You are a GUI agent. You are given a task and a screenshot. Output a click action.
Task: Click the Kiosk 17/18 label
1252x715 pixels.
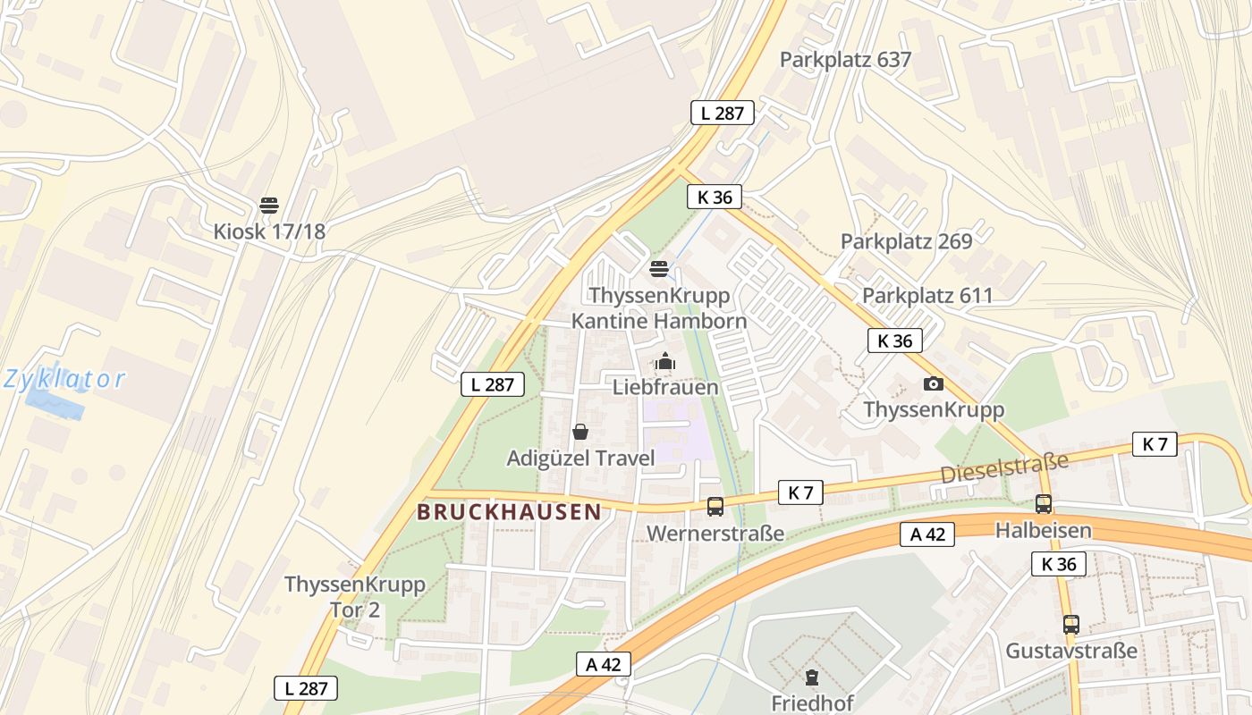pos(269,231)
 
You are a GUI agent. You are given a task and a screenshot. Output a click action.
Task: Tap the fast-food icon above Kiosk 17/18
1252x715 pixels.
pos(269,206)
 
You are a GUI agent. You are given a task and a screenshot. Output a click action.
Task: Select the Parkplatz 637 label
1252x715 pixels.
pos(845,60)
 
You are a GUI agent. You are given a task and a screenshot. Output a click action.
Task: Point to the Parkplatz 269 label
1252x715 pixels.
pos(906,241)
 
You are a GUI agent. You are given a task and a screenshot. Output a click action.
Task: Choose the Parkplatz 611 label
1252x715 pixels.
pos(927,296)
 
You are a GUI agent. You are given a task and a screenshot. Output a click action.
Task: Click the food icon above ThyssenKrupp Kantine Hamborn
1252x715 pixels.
pos(659,268)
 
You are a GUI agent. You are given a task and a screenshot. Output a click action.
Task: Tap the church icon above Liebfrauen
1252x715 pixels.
pos(665,362)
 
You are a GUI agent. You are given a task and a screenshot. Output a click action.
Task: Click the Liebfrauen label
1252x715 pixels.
pos(665,387)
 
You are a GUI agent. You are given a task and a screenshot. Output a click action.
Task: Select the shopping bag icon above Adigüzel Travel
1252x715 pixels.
pos(580,433)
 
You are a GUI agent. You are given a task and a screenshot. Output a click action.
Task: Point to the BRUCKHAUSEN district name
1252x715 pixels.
pos(509,512)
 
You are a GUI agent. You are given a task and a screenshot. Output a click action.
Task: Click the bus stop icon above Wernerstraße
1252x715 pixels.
pos(715,507)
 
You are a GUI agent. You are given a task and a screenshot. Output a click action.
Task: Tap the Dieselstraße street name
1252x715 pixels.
pos(1004,468)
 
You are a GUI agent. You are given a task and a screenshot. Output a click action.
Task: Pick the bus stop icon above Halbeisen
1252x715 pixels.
pos(1044,504)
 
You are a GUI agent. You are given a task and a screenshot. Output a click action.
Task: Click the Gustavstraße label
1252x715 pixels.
pos(1071,651)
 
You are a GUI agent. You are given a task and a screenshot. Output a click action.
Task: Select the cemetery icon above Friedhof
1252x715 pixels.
pos(812,677)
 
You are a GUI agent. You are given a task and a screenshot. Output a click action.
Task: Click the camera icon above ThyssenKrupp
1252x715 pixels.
pos(934,384)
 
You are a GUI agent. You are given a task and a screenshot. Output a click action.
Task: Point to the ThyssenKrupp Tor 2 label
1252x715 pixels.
pos(355,597)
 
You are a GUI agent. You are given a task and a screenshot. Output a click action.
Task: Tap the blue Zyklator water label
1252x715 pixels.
pos(64,379)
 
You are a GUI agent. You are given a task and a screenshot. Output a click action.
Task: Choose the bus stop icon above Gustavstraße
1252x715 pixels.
pos(1071,625)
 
